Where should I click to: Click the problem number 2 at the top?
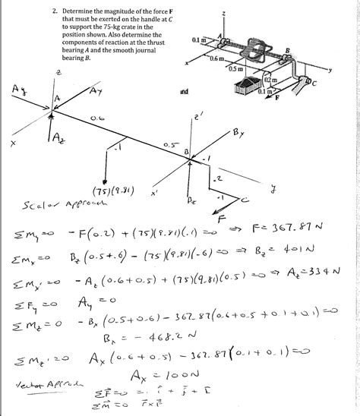pos(55,12)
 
